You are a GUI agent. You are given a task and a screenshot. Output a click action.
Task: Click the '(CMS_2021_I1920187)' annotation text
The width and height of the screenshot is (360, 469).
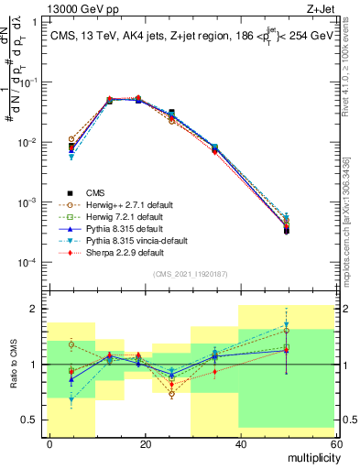tap(191, 273)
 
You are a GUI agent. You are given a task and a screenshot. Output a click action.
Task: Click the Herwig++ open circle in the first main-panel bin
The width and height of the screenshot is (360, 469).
tap(71, 139)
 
